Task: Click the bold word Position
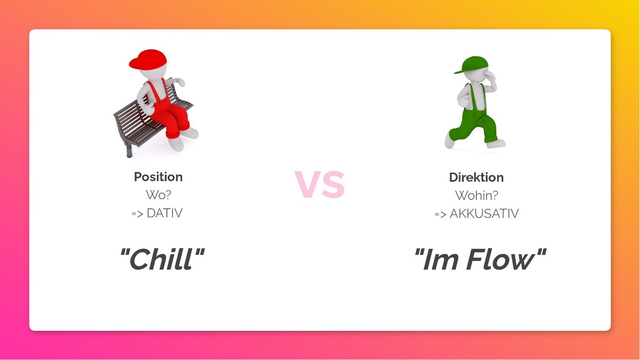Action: coord(158,177)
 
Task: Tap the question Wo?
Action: coord(158,195)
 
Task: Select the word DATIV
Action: coord(164,213)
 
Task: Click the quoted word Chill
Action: coord(162,259)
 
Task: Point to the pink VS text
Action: coord(320,184)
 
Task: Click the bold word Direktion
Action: coord(476,177)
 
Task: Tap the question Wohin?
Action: coord(476,196)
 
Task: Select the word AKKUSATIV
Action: coord(484,213)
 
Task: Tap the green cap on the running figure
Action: coord(472,65)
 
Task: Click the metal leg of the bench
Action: coord(129,150)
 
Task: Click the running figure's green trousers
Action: coord(474,125)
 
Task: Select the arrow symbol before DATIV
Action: coord(137,214)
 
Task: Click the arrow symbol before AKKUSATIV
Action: coord(440,214)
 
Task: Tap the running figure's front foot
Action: coord(496,143)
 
